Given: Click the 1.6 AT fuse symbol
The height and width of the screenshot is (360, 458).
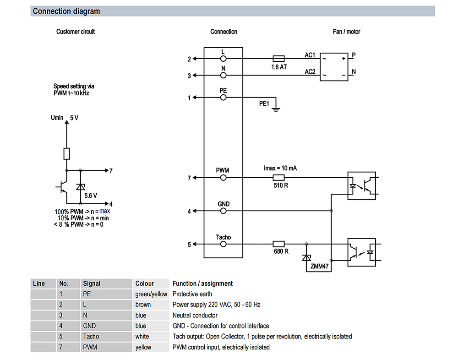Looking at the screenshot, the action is click(278, 59).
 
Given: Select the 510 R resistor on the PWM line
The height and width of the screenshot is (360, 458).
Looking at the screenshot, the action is click(278, 177).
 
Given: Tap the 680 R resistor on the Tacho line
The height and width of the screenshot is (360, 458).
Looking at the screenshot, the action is click(278, 244).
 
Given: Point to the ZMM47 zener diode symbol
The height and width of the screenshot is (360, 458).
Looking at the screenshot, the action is click(306, 258).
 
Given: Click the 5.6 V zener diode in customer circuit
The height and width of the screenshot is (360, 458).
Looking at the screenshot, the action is click(80, 187).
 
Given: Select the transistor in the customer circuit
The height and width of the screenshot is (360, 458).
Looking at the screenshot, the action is click(62, 187).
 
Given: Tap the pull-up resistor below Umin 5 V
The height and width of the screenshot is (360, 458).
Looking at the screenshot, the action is click(66, 154).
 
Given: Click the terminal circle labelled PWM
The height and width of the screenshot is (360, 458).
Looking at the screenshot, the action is click(223, 178).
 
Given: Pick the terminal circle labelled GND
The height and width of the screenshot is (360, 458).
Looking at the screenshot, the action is click(223, 211).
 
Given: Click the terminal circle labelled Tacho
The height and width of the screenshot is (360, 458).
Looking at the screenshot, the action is click(223, 244).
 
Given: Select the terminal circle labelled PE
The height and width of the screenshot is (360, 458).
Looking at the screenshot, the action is click(223, 97).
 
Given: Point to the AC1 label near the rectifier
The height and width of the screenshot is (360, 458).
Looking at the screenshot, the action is click(310, 55).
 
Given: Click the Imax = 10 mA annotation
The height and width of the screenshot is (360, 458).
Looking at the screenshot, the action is click(280, 168).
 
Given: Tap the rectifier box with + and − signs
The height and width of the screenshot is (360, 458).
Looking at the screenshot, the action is click(334, 67).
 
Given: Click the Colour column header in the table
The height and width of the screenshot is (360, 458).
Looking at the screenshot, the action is click(145, 284).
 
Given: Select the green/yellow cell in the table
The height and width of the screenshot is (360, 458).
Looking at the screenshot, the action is click(151, 294).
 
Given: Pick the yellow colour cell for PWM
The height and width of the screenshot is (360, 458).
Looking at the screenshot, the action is click(143, 347).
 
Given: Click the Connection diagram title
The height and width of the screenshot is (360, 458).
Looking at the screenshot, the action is click(66, 11).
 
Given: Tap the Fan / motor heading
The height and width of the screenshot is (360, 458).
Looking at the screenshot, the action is click(346, 32).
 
